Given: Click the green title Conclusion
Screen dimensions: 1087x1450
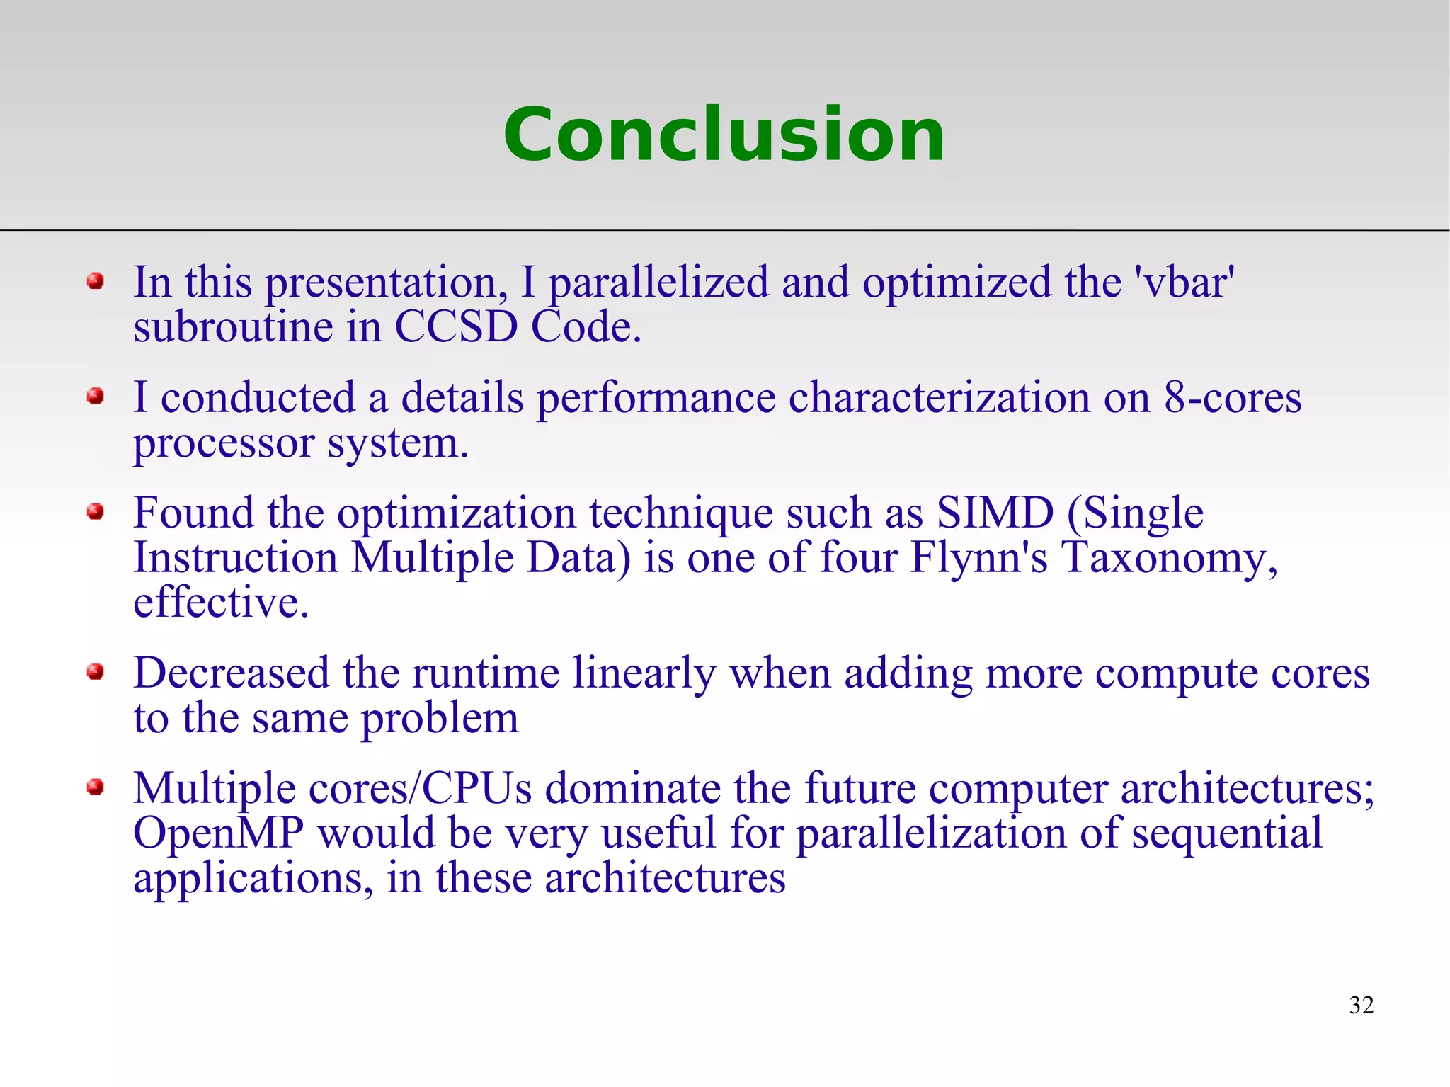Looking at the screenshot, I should (724, 135).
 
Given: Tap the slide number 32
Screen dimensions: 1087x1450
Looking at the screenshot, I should (1361, 1005).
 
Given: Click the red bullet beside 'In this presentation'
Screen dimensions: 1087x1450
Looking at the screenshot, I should (96, 282).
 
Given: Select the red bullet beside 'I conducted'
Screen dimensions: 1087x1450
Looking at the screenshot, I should (96, 397).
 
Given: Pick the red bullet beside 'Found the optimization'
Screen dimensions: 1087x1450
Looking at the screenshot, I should (96, 511).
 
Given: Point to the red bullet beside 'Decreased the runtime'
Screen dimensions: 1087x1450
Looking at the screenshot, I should (96, 671).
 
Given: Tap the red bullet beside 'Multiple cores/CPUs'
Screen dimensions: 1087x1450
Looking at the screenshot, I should (96, 787).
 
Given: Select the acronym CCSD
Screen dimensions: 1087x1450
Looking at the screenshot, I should (455, 327).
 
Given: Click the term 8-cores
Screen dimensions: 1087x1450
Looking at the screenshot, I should (1232, 398).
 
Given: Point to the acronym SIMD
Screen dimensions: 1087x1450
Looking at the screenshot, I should (995, 513).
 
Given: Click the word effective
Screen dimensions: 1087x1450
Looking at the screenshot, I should (221, 603).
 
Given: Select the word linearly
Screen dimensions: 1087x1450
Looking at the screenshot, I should (644, 673).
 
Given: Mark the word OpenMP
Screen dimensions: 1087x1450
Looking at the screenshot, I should (218, 834).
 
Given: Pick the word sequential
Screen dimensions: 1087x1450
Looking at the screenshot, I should (1226, 834).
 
